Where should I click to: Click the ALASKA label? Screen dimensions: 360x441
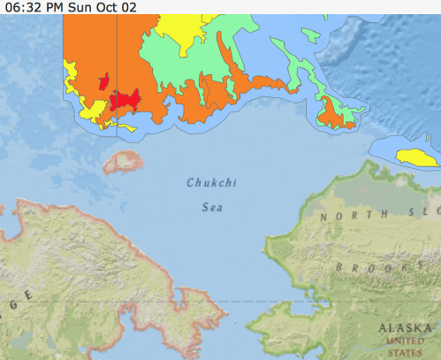click(406, 327)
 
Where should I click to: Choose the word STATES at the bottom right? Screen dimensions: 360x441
click(407, 350)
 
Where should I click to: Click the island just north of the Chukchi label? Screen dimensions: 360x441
click(123, 161)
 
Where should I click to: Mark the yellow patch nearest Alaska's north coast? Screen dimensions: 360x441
click(413, 157)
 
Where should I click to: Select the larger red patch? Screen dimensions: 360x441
click(129, 99)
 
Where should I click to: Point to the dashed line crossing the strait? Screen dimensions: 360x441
click(239, 302)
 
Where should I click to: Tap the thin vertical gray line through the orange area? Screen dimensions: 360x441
click(117, 53)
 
